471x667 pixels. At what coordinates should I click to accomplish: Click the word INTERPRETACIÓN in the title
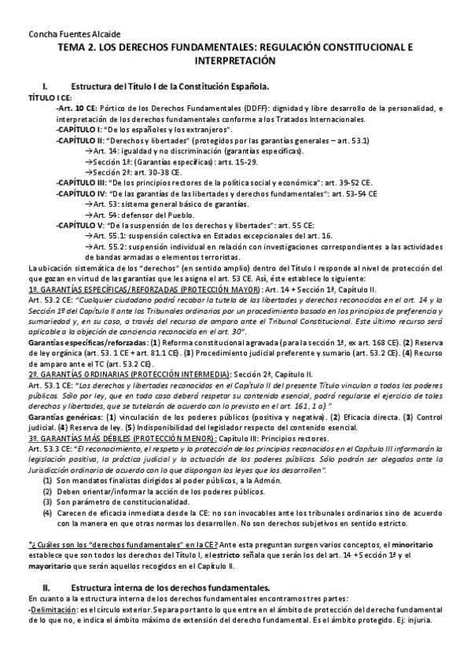234,60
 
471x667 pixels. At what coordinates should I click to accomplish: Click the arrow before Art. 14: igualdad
87,149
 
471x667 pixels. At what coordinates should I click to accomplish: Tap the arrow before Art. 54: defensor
87,212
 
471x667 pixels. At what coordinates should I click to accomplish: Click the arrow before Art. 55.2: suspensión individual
87,245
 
